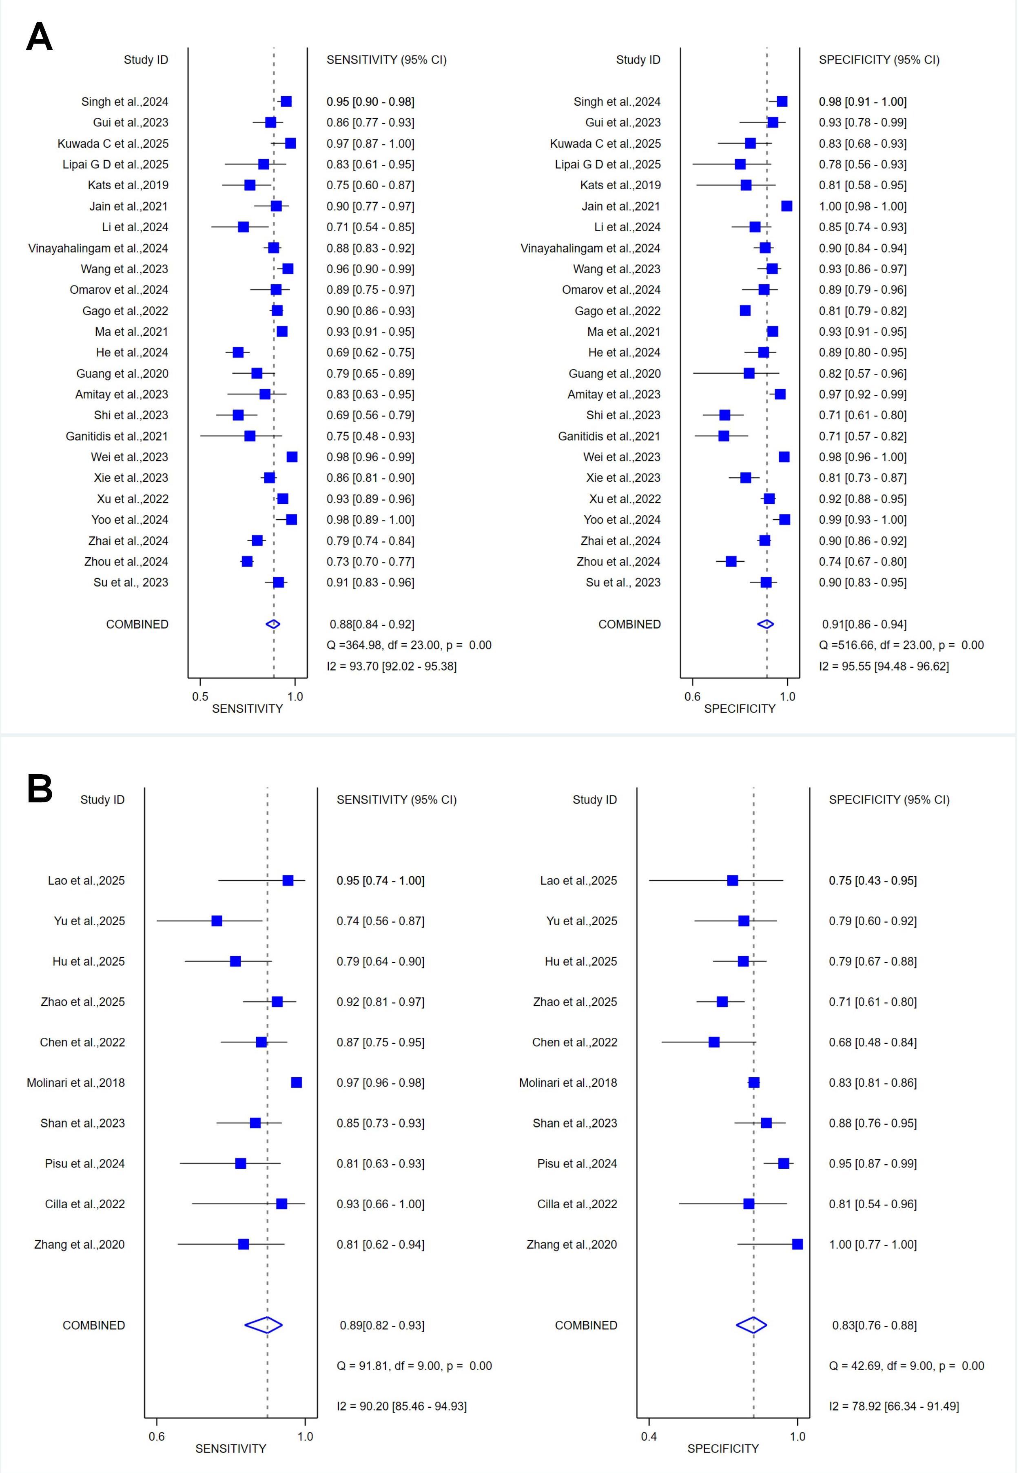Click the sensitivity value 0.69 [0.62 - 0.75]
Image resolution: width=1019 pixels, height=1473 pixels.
[x=370, y=352]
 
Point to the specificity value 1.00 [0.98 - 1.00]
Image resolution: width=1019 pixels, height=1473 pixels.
[x=863, y=206]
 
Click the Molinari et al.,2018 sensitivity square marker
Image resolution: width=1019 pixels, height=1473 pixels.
[x=296, y=1082]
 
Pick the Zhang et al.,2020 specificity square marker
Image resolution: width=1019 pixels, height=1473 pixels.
[x=797, y=1244]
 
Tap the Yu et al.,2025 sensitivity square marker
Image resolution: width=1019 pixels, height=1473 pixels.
[x=217, y=921]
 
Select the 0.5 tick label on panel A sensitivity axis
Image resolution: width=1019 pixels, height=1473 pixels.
[x=200, y=697]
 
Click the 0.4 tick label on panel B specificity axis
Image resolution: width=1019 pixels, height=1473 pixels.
[x=649, y=1437]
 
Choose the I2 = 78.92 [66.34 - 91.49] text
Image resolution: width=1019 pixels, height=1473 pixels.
[x=894, y=1406]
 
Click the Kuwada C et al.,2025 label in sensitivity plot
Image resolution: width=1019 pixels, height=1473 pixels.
[x=113, y=144]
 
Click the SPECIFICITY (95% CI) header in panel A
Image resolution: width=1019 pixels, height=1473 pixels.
[x=879, y=60]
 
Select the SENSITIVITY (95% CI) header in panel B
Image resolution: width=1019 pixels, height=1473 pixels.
[x=397, y=800]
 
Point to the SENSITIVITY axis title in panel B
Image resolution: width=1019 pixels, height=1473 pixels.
[x=230, y=1449]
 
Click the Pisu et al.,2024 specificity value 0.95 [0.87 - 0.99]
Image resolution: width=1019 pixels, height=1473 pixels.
[x=873, y=1163]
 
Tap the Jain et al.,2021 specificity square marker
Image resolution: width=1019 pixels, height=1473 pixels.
[x=786, y=206]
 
